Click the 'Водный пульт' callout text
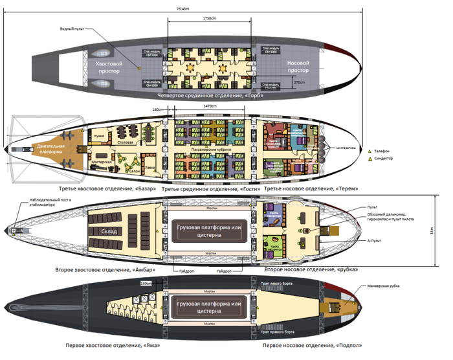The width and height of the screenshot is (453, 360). [72, 29]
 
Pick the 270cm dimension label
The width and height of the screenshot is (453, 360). [299, 83]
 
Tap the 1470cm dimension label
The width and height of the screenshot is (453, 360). [210, 106]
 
